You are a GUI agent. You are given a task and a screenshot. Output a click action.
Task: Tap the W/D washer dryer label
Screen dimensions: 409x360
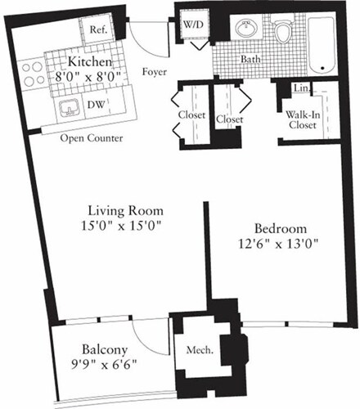coord(194,25)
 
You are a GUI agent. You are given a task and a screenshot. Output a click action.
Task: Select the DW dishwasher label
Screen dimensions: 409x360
coord(95,106)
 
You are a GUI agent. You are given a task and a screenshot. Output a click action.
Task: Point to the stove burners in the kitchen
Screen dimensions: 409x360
coord(34,74)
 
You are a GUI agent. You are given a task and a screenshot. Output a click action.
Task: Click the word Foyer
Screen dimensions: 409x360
coord(155,71)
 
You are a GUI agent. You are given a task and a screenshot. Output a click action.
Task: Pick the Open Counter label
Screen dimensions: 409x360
coord(92,139)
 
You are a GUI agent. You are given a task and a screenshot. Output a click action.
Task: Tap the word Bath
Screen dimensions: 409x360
coord(250,60)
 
